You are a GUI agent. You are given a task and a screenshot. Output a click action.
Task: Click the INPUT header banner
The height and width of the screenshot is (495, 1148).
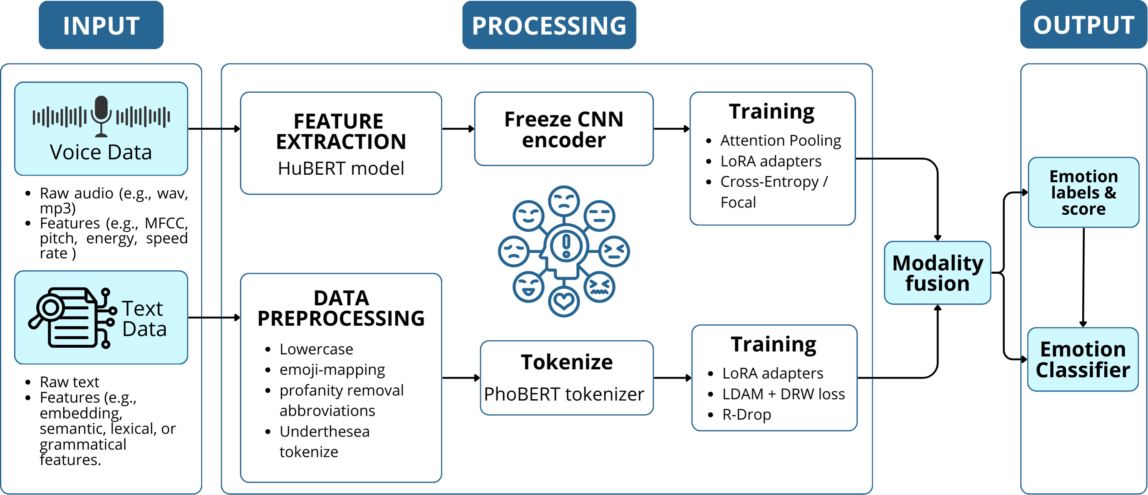(x=101, y=25)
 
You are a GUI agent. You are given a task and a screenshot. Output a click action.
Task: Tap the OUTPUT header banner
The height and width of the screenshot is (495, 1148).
(x=1084, y=25)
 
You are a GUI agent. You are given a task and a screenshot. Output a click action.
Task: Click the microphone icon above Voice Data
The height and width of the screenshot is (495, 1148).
(x=102, y=115)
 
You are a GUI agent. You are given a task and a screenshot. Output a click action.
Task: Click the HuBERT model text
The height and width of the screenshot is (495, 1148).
(x=341, y=168)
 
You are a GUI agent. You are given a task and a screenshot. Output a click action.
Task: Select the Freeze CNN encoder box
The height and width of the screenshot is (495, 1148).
(x=564, y=129)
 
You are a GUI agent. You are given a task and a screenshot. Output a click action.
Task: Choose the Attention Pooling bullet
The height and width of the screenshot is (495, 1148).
(x=780, y=140)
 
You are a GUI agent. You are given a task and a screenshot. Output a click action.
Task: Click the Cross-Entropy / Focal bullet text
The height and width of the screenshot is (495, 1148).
(x=774, y=192)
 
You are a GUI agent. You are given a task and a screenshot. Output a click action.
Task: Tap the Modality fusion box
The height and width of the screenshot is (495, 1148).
(x=937, y=273)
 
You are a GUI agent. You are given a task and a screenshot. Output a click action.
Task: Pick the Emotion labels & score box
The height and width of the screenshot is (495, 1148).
(x=1084, y=193)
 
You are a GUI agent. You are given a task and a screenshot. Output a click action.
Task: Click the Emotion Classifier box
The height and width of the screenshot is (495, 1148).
(x=1083, y=359)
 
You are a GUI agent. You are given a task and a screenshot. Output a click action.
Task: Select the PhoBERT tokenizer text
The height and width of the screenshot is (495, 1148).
(x=564, y=394)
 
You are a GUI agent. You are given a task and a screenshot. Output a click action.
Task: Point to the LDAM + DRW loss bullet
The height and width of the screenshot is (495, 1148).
(x=783, y=394)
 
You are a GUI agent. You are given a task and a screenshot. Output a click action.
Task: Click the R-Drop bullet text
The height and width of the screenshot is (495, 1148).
(x=746, y=414)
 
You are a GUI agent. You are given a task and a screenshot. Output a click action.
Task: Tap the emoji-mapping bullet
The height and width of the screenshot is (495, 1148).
(x=332, y=370)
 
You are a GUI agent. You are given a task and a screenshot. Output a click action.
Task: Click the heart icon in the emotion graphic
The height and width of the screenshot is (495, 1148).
(x=564, y=302)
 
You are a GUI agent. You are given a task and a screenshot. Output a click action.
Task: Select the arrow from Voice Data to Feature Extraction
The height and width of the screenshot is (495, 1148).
(x=214, y=129)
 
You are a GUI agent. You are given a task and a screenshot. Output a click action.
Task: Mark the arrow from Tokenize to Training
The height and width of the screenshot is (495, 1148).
(x=672, y=378)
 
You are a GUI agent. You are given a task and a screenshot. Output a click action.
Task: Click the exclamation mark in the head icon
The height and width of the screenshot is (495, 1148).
(x=566, y=245)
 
